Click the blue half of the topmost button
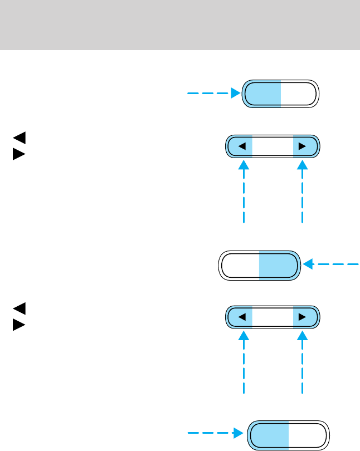click(262, 94)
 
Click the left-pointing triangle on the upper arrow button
click(242, 147)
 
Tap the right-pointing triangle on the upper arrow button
click(301, 147)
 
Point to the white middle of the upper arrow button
click(273, 147)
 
